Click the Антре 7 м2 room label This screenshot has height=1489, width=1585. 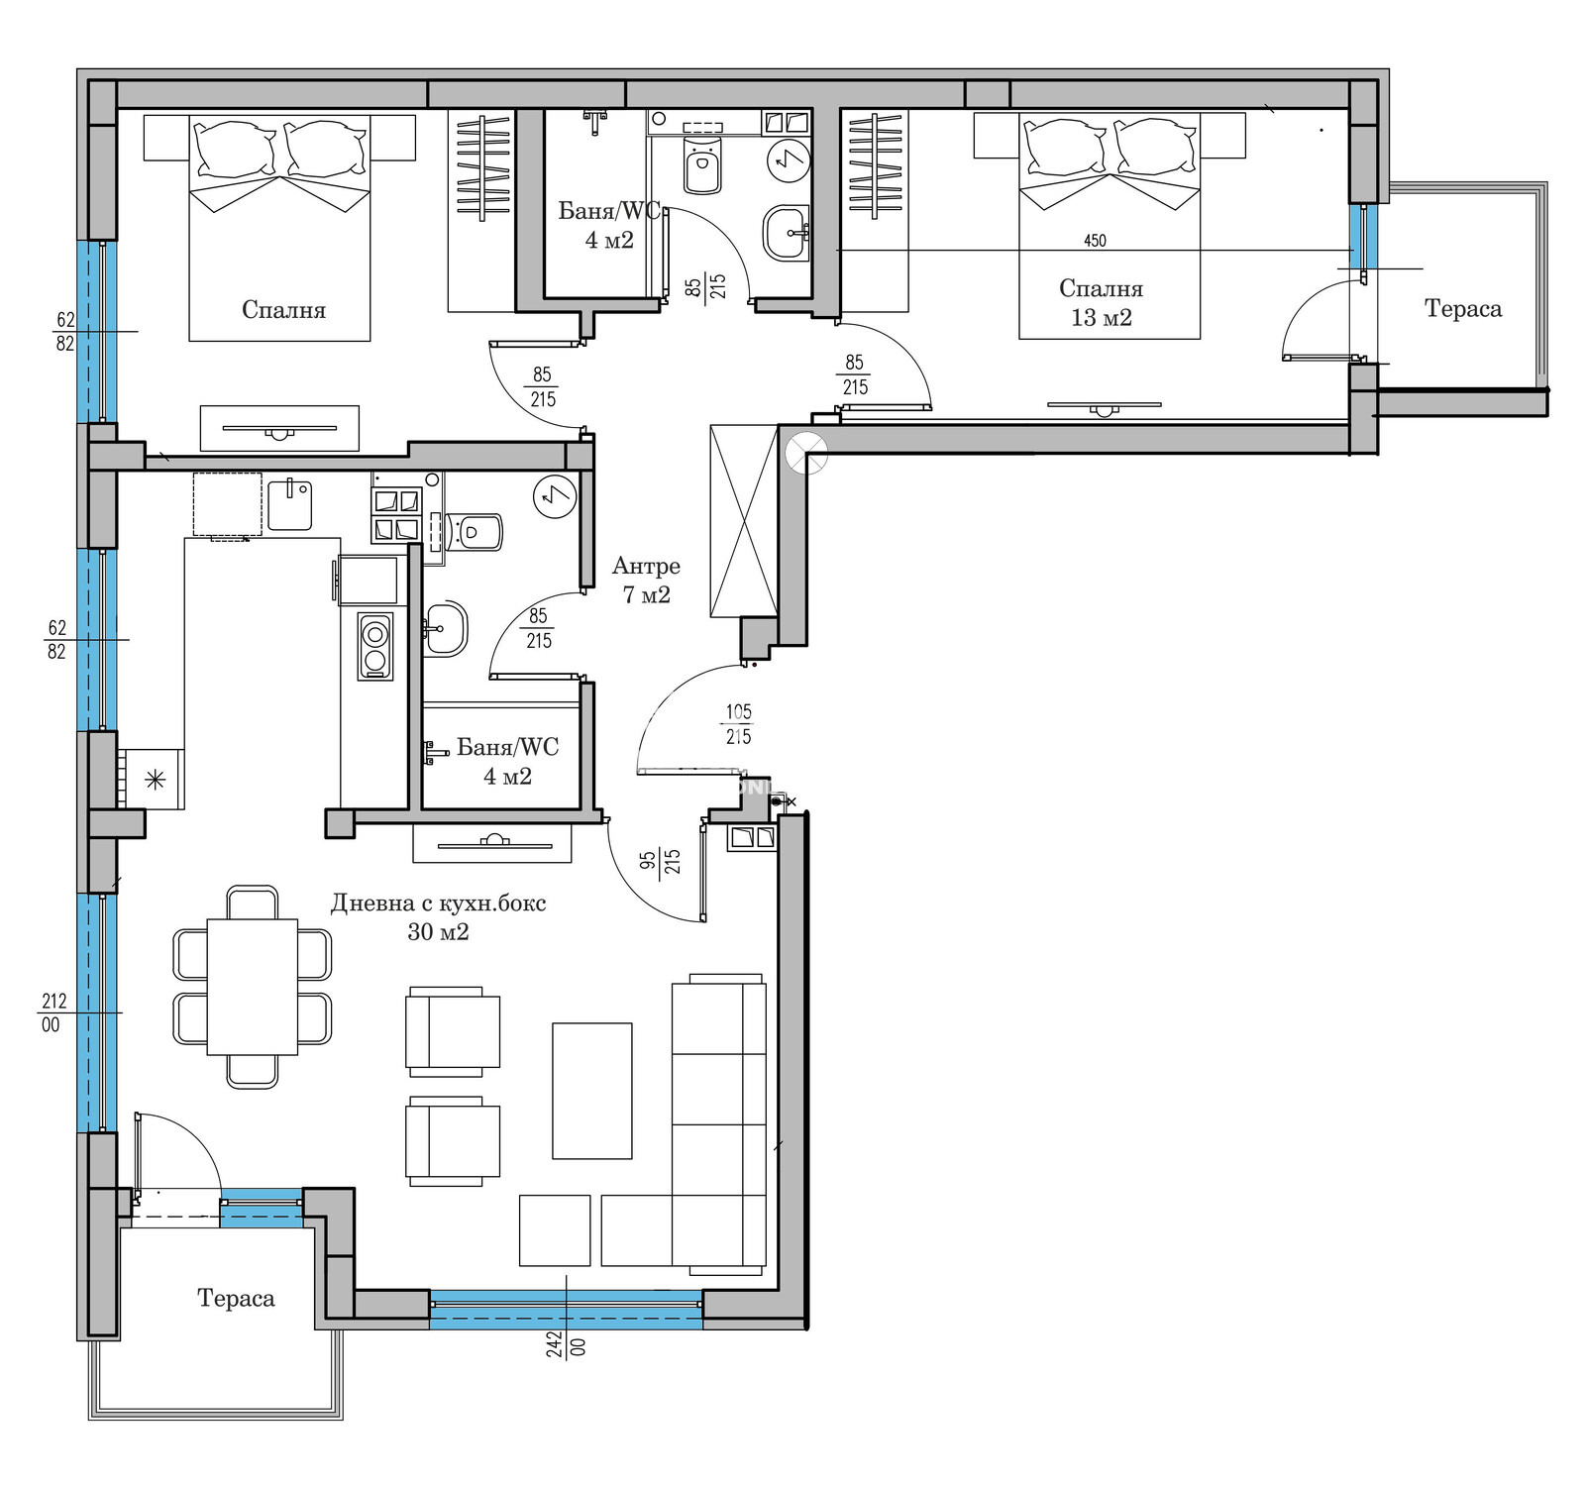646,581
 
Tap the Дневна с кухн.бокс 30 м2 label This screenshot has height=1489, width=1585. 438,917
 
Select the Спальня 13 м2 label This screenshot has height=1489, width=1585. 1101,303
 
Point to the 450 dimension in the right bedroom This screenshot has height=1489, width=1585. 1095,241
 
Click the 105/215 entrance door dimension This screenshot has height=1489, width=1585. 738,724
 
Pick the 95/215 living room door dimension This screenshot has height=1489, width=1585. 660,861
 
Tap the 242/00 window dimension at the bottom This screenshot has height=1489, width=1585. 566,1345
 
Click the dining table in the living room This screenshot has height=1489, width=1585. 253,987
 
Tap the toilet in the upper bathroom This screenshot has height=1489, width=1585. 702,165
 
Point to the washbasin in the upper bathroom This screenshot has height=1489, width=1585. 787,234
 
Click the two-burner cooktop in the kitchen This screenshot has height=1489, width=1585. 374,646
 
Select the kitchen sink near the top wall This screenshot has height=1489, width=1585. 289,504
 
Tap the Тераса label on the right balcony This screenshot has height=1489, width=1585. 1463,309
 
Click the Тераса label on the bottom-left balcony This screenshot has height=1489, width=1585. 236,1299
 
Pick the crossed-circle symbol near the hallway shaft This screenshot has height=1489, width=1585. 805,455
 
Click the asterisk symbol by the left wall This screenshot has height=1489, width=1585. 155,779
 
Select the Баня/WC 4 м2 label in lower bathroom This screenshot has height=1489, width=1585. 507,762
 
